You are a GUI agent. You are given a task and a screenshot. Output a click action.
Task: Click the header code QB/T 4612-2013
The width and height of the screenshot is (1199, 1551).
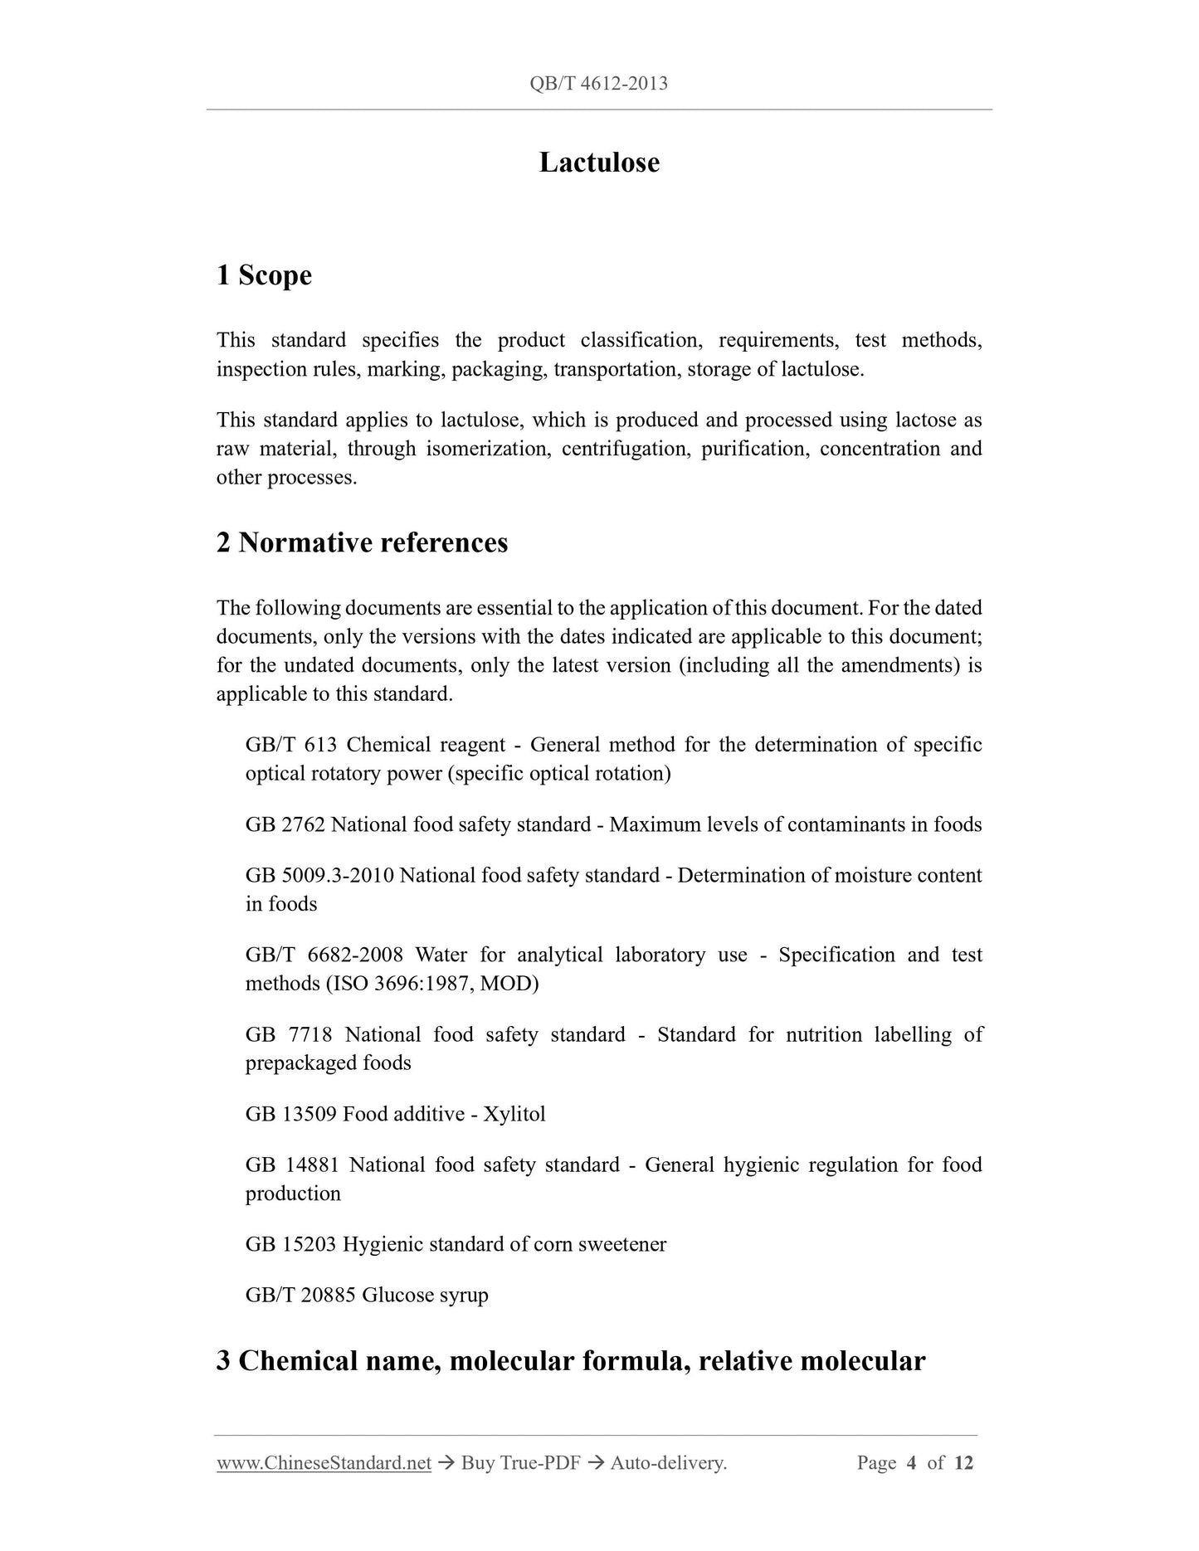(x=598, y=83)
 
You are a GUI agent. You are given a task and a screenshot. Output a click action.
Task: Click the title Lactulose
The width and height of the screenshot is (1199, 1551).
(x=599, y=162)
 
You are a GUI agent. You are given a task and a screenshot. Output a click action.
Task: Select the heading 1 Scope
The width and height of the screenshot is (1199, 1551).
(x=264, y=275)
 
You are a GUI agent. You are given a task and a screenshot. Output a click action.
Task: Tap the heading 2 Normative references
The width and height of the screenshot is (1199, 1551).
(x=362, y=542)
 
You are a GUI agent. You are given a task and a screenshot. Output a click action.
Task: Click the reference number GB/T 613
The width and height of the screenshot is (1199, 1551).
(x=290, y=745)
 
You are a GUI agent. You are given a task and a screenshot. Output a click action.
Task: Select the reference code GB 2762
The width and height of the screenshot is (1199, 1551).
(x=285, y=824)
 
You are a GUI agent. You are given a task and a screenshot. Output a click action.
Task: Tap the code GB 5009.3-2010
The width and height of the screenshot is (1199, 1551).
(x=319, y=875)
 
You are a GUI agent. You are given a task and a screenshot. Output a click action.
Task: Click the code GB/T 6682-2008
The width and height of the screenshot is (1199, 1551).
(x=324, y=955)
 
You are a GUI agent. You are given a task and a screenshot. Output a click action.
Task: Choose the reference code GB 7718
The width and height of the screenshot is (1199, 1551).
(x=289, y=1034)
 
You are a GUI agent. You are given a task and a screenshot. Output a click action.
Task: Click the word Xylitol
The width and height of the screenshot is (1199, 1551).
(x=514, y=1114)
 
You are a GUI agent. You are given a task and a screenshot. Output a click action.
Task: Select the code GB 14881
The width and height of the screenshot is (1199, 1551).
(x=292, y=1164)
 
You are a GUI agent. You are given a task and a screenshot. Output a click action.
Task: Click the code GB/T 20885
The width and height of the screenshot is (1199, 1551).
(x=300, y=1295)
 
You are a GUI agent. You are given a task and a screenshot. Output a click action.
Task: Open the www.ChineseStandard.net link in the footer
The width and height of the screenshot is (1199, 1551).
(x=324, y=1463)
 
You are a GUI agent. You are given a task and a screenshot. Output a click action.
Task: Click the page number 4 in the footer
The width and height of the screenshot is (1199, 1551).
(x=911, y=1463)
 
